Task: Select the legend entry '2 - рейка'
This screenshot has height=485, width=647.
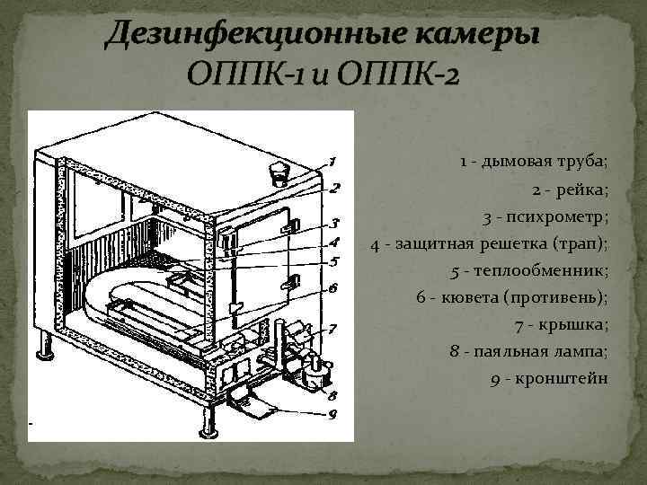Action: (570, 190)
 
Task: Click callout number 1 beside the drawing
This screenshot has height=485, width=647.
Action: (332, 163)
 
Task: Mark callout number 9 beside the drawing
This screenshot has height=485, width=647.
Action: (332, 414)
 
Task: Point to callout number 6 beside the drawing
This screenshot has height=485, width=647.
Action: (332, 289)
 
